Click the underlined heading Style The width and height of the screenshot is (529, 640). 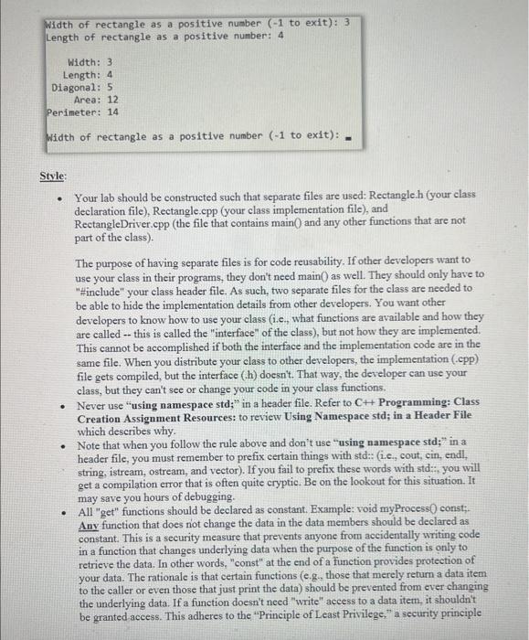click(x=53, y=176)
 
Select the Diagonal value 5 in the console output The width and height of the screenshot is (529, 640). click(x=110, y=88)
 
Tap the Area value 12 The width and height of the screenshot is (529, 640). click(x=113, y=100)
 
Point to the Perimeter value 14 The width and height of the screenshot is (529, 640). click(x=113, y=112)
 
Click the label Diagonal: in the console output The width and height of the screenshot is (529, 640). click(x=76, y=88)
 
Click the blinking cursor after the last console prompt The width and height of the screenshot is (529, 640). click(x=350, y=138)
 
